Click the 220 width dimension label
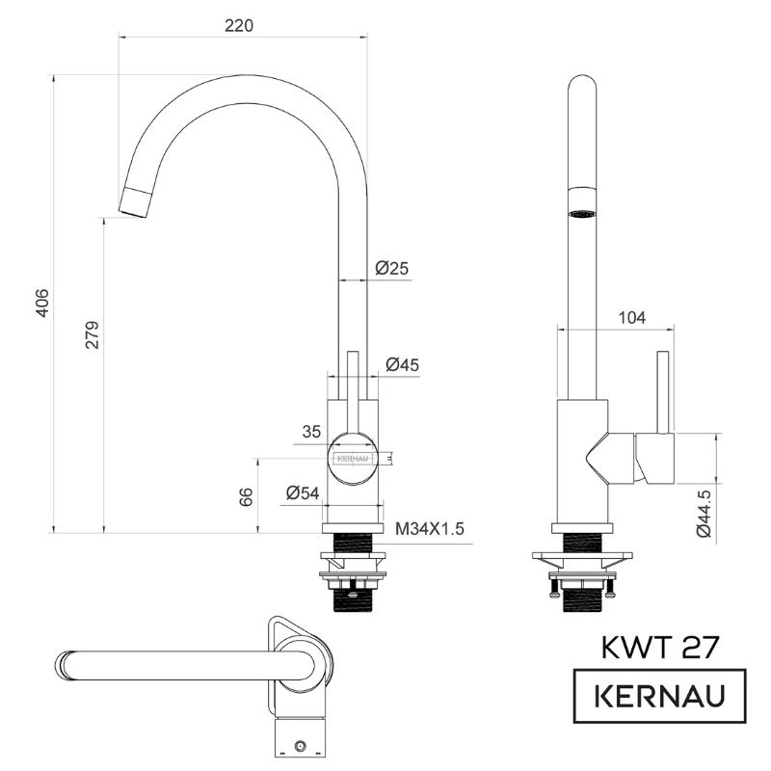[x=239, y=26]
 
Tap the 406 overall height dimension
[x=42, y=303]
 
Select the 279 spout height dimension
[x=92, y=334]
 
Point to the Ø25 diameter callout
[x=392, y=268]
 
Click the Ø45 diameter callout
[x=402, y=365]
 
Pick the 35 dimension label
[x=311, y=432]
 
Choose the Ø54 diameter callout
[x=303, y=492]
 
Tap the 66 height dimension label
[x=246, y=496]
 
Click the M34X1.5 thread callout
[x=430, y=529]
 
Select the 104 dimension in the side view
[x=632, y=318]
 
